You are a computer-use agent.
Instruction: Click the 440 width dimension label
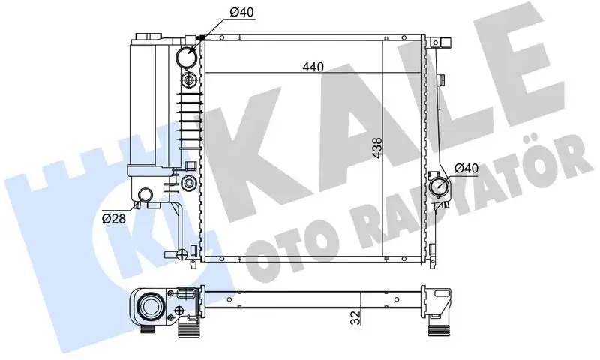click(313, 67)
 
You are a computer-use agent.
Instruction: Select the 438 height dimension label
click(377, 148)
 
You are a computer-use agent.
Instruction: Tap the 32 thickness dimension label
click(356, 317)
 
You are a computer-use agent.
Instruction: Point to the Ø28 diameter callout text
click(114, 219)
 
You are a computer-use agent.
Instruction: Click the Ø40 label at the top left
click(241, 13)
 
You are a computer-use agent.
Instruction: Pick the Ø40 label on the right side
click(466, 168)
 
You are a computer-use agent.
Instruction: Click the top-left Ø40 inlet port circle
click(187, 57)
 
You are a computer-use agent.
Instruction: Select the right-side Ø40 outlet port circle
click(439, 187)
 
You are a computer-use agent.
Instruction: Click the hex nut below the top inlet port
click(189, 80)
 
